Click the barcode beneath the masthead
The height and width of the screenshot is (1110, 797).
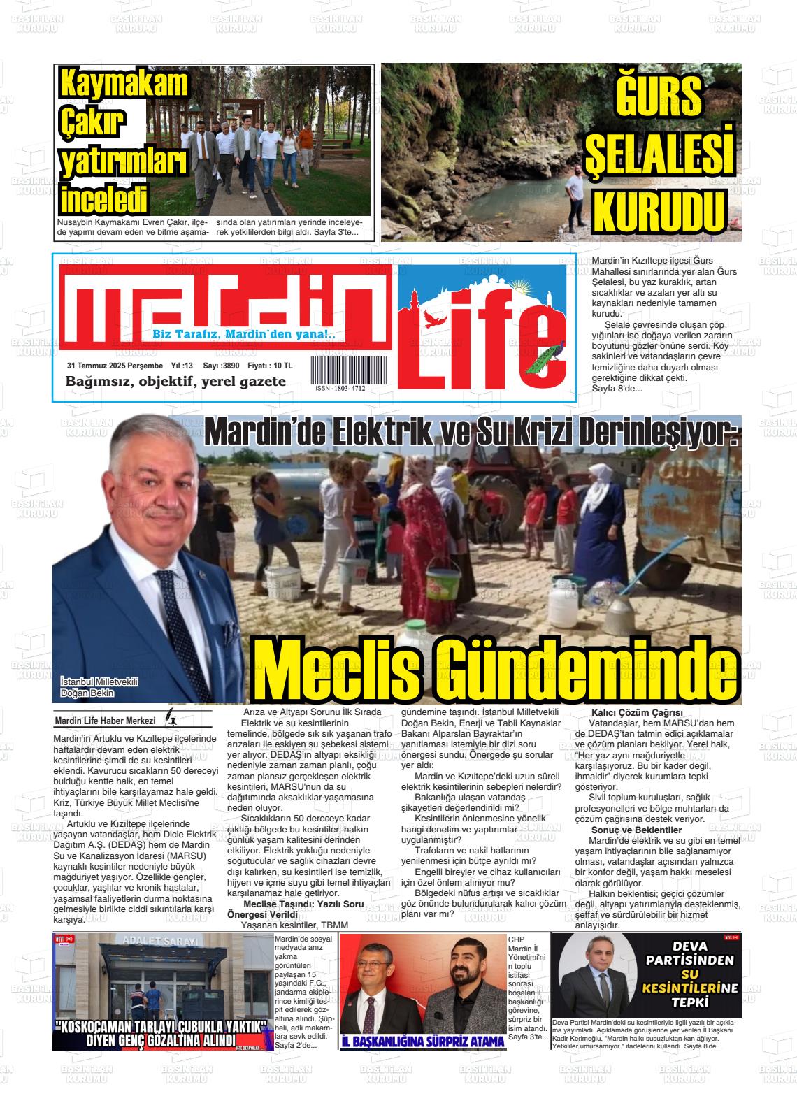tap(340, 370)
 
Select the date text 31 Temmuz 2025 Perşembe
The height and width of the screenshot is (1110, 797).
tap(115, 366)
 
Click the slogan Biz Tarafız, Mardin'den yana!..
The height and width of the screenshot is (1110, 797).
tap(244, 334)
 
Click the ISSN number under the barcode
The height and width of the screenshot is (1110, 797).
tap(340, 389)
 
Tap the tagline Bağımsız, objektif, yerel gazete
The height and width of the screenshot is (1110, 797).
tap(175, 382)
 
